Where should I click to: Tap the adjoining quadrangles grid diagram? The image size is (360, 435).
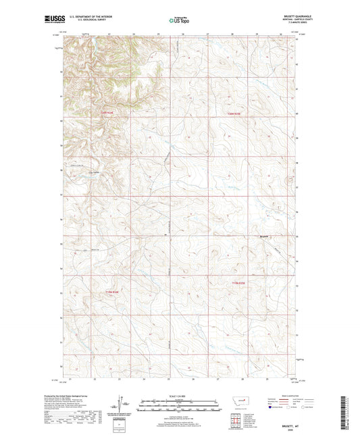(x=236, y=421)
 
